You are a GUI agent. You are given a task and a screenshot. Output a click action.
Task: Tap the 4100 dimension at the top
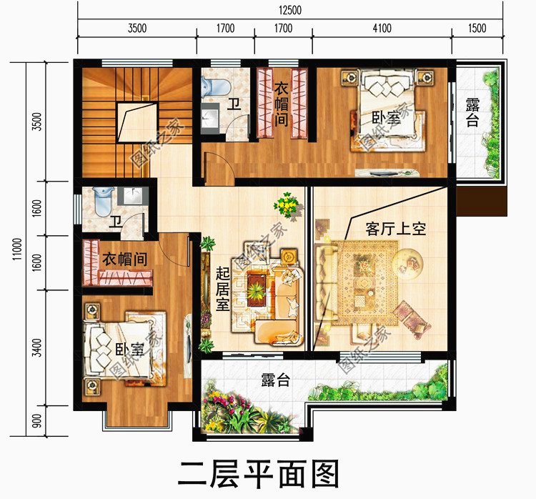[x=382, y=29]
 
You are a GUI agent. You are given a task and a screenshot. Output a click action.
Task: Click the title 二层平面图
[x=258, y=473]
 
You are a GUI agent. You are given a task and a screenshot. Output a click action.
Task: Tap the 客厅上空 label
[x=394, y=229]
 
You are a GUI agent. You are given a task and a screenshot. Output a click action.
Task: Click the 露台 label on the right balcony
[x=472, y=113]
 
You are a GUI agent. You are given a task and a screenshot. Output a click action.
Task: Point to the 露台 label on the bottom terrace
[x=276, y=380]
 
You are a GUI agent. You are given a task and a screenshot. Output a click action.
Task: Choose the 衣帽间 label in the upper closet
[x=281, y=104]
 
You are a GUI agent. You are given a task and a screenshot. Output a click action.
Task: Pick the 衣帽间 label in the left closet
[x=124, y=259]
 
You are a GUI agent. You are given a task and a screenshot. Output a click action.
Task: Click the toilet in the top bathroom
[x=214, y=87]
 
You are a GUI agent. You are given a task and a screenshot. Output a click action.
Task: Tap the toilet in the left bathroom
[x=104, y=197]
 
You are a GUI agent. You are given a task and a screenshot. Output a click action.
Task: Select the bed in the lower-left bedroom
[x=121, y=347]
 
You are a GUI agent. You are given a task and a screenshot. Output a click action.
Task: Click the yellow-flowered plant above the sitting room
[x=287, y=206]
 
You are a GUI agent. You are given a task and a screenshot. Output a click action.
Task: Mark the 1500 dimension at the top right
[x=477, y=29]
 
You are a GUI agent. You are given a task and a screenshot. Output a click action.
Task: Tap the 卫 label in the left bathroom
[x=114, y=221]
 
